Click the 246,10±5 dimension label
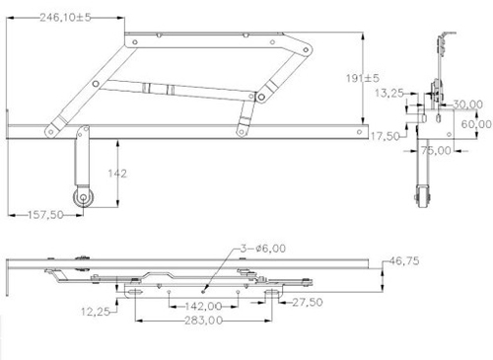click(65, 17)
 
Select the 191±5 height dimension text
click(363, 78)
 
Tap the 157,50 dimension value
click(45, 215)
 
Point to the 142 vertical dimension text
click(117, 174)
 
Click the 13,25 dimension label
click(389, 93)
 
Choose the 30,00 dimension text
click(467, 105)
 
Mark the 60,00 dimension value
click(476, 124)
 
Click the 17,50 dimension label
click(386, 136)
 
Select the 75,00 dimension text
click(436, 151)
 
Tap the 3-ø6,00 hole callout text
click(263, 249)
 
